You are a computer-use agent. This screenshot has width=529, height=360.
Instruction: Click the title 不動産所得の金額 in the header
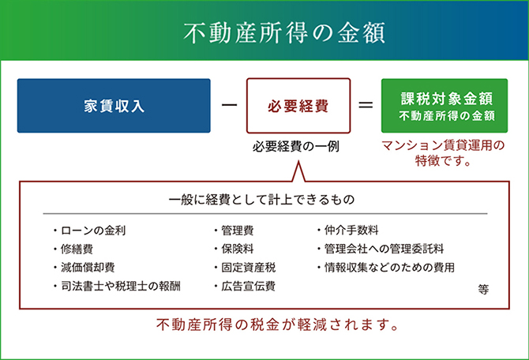point(284,33)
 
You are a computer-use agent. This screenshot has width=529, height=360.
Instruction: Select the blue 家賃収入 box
point(114,106)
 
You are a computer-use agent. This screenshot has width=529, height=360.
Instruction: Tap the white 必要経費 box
point(298,106)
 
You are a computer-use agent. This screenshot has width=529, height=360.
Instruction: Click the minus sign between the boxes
point(230,105)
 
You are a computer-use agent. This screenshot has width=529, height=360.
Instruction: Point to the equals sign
point(366,105)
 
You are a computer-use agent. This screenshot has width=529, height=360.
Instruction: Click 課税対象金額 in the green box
point(447,99)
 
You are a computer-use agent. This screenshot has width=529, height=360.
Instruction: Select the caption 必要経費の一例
point(296,147)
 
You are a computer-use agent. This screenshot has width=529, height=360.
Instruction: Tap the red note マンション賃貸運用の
point(443,145)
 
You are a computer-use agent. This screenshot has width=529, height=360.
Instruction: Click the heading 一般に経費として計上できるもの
point(262,200)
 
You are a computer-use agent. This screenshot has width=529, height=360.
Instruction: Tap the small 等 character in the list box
point(483,290)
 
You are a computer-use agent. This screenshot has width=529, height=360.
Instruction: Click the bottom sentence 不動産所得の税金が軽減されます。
point(278,325)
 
